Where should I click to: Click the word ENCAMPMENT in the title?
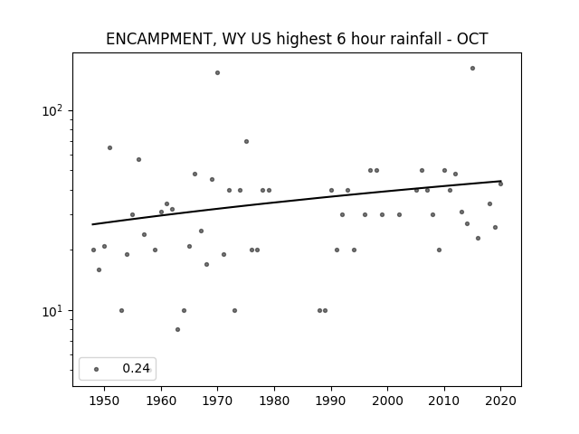pos(159,39)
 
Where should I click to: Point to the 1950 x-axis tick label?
pos(104,401)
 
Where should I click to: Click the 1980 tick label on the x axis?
pos(274,401)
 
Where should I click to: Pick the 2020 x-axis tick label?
pos(500,401)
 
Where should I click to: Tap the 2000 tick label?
pos(387,401)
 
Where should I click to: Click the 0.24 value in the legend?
pos(136,368)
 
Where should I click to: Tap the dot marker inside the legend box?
pos(97,369)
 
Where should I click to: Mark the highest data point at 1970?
pos(217,72)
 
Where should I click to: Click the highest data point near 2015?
pos(472,69)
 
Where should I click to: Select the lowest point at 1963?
pos(177,329)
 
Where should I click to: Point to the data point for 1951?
pos(109,148)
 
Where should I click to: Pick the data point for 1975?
pos(246,142)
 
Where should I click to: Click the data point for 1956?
pos(138,160)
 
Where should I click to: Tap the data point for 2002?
pos(399,215)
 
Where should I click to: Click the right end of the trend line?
pos(500,181)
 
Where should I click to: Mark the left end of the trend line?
pos(92,224)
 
